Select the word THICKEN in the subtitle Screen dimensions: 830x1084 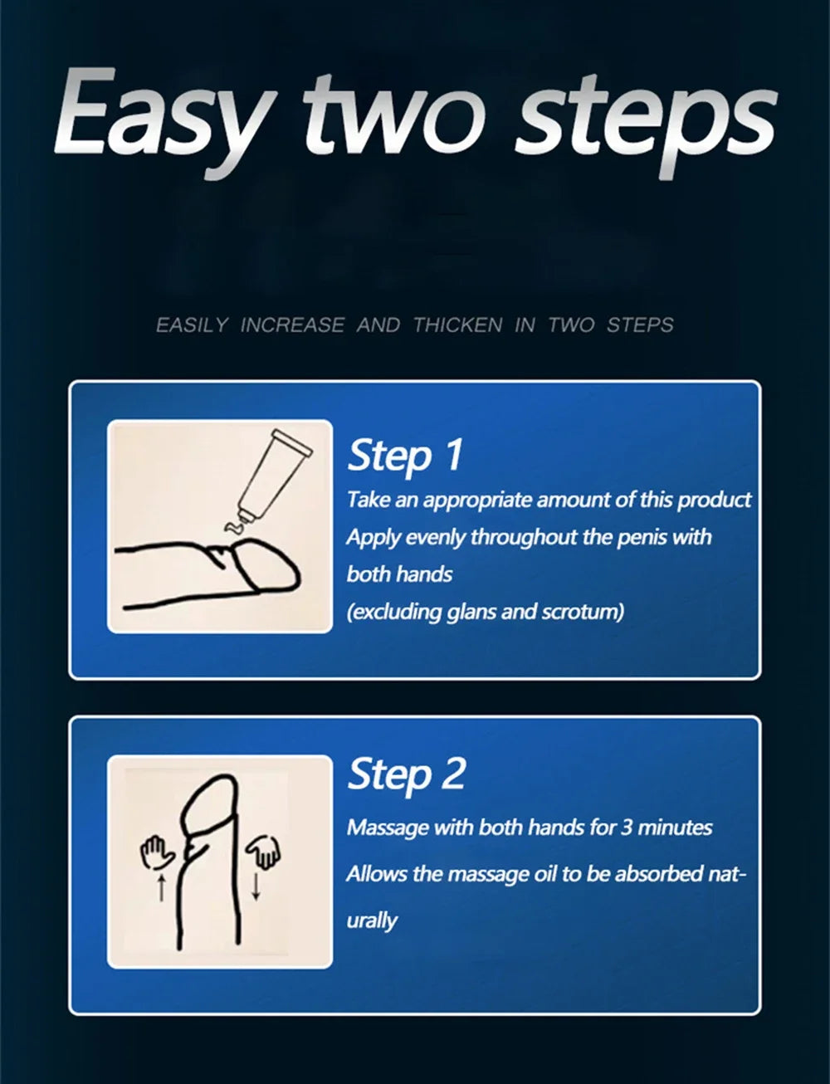point(458,325)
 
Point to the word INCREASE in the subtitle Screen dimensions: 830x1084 point(292,325)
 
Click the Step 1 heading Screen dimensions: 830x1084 point(404,455)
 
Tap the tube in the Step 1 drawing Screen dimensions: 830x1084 point(273,472)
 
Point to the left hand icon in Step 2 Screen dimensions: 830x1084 point(156,852)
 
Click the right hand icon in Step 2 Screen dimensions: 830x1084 point(264,851)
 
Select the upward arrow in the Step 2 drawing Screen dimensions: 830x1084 point(161,889)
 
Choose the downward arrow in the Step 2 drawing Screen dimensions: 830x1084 point(256,886)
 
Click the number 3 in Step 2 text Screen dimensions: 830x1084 point(627,828)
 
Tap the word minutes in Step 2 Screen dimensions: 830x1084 point(675,828)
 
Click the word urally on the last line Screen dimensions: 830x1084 point(372,920)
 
